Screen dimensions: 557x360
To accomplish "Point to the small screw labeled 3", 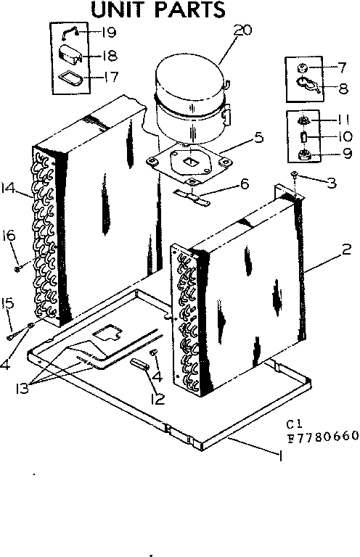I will (x=295, y=175).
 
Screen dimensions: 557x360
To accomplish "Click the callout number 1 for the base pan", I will (x=279, y=455).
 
